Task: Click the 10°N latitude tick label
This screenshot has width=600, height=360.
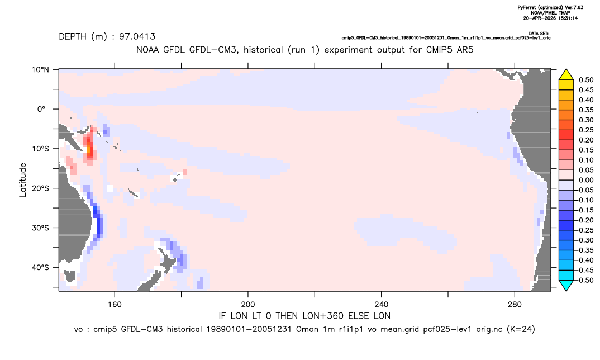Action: click(x=40, y=70)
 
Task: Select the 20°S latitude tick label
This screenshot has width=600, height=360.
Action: click(x=40, y=188)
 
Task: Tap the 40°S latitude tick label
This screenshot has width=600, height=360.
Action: click(x=40, y=267)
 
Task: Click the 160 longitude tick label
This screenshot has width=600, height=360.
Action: click(x=115, y=305)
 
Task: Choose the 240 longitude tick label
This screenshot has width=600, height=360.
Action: click(x=382, y=305)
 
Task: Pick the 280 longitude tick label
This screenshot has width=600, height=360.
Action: click(x=515, y=305)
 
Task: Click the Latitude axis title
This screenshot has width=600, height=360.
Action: click(x=23, y=180)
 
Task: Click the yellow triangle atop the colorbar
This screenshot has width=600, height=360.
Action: click(x=566, y=75)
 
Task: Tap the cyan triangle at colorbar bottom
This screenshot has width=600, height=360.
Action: click(x=566, y=285)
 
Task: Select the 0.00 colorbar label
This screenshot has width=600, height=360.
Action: click(x=586, y=181)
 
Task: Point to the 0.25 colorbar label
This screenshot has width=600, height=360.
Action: click(x=586, y=130)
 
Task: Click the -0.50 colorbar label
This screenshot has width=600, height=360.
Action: click(x=585, y=280)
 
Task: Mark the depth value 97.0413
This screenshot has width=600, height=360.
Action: click(x=137, y=37)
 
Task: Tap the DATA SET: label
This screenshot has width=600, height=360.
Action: click(x=539, y=34)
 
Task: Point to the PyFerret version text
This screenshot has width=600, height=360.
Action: click(x=550, y=7)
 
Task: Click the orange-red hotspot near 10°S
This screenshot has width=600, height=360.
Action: click(x=89, y=148)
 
